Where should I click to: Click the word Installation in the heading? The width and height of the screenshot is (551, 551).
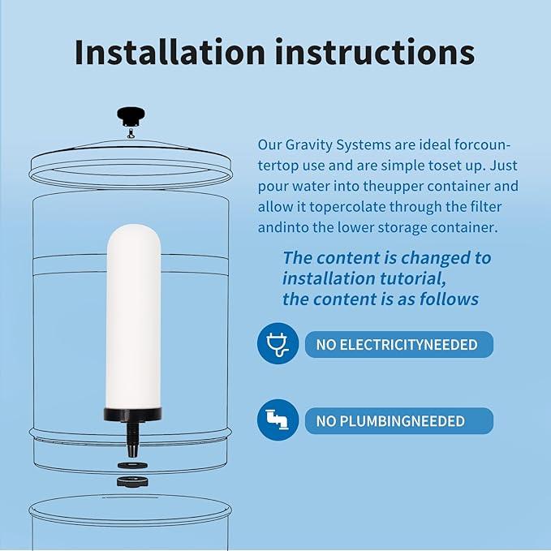(x=170, y=52)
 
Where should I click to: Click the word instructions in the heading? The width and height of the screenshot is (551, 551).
(x=375, y=53)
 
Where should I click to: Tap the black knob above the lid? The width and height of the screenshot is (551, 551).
(x=131, y=116)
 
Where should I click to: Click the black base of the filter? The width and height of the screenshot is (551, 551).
(x=133, y=415)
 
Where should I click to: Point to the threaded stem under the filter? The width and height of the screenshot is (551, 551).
(x=133, y=439)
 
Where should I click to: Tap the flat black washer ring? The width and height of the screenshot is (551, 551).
(x=132, y=465)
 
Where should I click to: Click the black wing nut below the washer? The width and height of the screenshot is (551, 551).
(x=132, y=481)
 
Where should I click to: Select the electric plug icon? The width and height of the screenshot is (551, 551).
(x=278, y=343)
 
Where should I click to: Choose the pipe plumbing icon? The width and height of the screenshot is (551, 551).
(x=278, y=420)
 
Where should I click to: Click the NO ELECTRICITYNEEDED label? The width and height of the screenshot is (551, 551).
(x=397, y=345)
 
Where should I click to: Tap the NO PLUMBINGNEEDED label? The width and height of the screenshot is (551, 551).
(x=390, y=421)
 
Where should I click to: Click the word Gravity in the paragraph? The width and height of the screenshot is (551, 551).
(x=308, y=145)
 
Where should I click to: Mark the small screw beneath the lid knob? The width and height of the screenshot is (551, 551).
(x=131, y=133)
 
